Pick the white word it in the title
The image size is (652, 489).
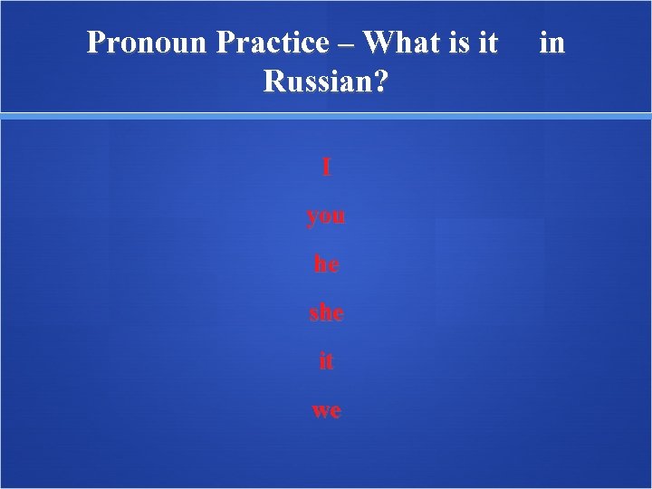(x=488, y=43)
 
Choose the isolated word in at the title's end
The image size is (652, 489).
(x=551, y=43)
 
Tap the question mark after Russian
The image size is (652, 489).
(x=381, y=82)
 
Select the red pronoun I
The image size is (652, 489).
(x=326, y=168)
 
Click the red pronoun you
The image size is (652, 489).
(x=326, y=217)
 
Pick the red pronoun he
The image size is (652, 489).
(x=326, y=264)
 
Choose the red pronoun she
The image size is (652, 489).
(x=326, y=312)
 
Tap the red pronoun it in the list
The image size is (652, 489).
(x=326, y=360)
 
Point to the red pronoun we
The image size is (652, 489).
(x=326, y=409)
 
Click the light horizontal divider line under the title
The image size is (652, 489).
(x=326, y=116)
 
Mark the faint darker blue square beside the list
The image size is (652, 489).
(x=490, y=270)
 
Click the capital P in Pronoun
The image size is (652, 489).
(x=96, y=43)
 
